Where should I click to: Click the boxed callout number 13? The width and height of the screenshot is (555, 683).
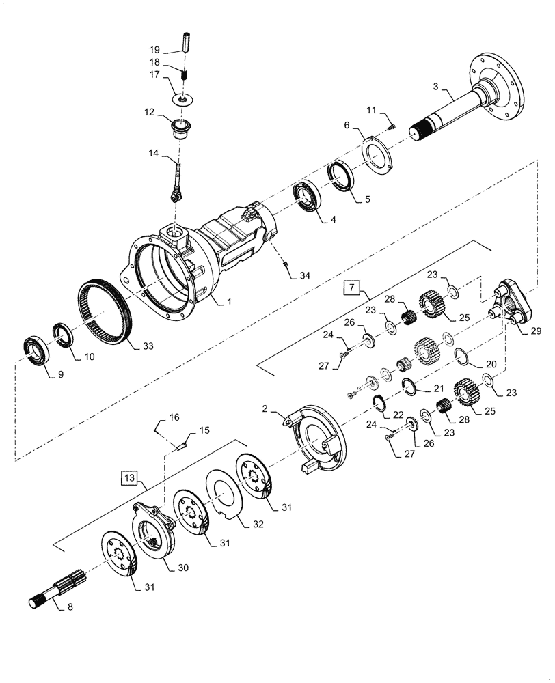coord(130,477)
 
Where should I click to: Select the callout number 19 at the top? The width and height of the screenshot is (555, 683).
coord(155,50)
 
